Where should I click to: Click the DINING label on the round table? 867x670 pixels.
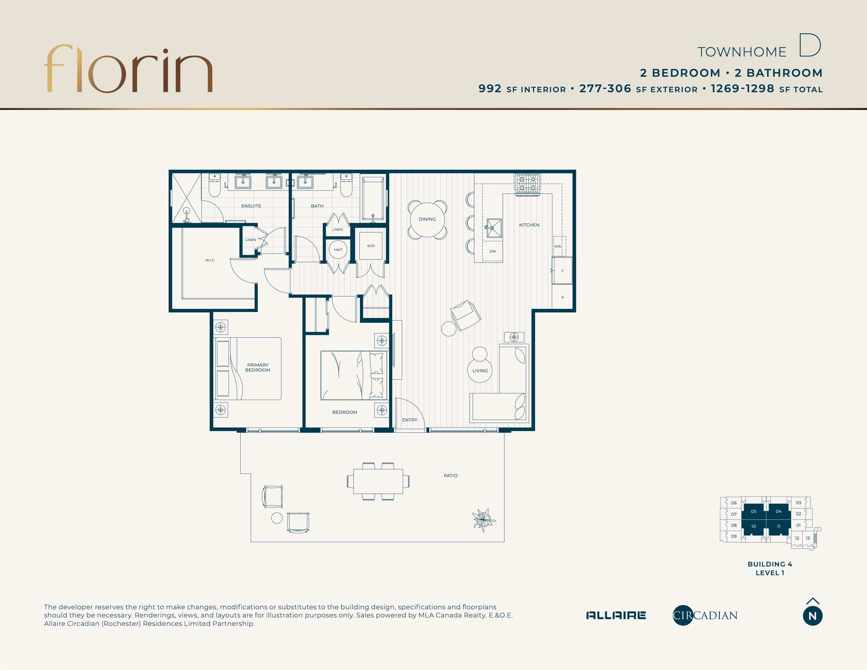pos(427,219)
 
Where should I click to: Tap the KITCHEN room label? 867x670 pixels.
pos(529,225)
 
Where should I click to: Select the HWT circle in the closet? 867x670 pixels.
pos(338,250)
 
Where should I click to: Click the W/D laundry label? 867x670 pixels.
pos(371,246)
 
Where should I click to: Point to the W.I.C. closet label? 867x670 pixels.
pos(210,260)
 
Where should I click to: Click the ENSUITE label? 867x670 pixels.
pos(251,206)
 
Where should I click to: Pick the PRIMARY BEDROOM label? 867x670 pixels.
pos(258,368)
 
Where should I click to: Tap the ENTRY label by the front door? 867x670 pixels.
pos(410,420)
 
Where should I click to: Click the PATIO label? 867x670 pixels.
pos(451,475)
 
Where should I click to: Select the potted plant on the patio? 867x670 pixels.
pos(483,520)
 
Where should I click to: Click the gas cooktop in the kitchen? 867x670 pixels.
pos(528,184)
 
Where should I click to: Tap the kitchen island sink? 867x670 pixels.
pos(494,228)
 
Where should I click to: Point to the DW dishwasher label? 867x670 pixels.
pos(493,251)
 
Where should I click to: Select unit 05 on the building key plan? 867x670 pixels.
pos(754,512)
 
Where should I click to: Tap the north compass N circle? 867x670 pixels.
pos(813,616)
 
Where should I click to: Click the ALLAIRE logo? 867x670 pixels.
pos(616,615)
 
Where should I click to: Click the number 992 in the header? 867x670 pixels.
pos(490,88)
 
